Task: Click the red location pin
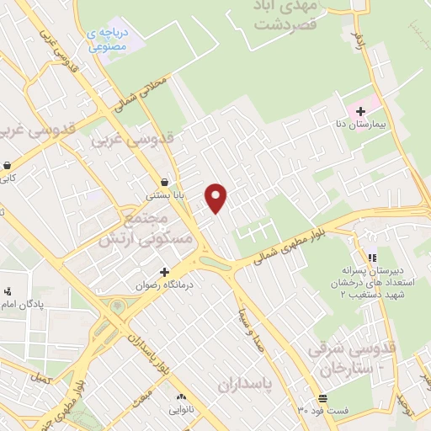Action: [x=217, y=198]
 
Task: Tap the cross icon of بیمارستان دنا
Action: [x=360, y=111]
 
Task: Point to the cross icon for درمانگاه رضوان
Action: [x=164, y=272]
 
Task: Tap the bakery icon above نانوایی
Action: [x=179, y=396]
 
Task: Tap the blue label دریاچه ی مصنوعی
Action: [x=107, y=39]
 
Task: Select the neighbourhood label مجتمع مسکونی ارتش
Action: [x=146, y=229]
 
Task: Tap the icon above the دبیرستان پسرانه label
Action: [x=371, y=258]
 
